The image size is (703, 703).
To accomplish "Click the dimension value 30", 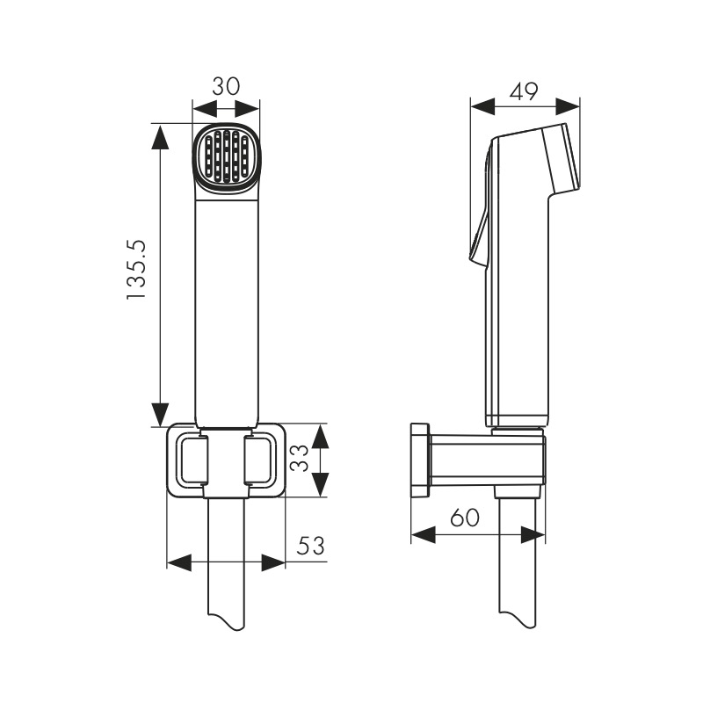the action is [x=226, y=86].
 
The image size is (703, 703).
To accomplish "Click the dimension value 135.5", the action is [x=136, y=270].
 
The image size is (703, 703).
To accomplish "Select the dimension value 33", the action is [x=300, y=458].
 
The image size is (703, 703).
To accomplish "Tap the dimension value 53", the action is [x=311, y=545].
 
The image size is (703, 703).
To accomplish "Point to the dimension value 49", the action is [x=524, y=92].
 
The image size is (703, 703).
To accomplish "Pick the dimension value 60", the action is [x=465, y=517].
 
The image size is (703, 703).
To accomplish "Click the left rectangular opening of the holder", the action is [x=193, y=460].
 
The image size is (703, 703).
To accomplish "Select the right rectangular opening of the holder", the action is [x=259, y=460].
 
